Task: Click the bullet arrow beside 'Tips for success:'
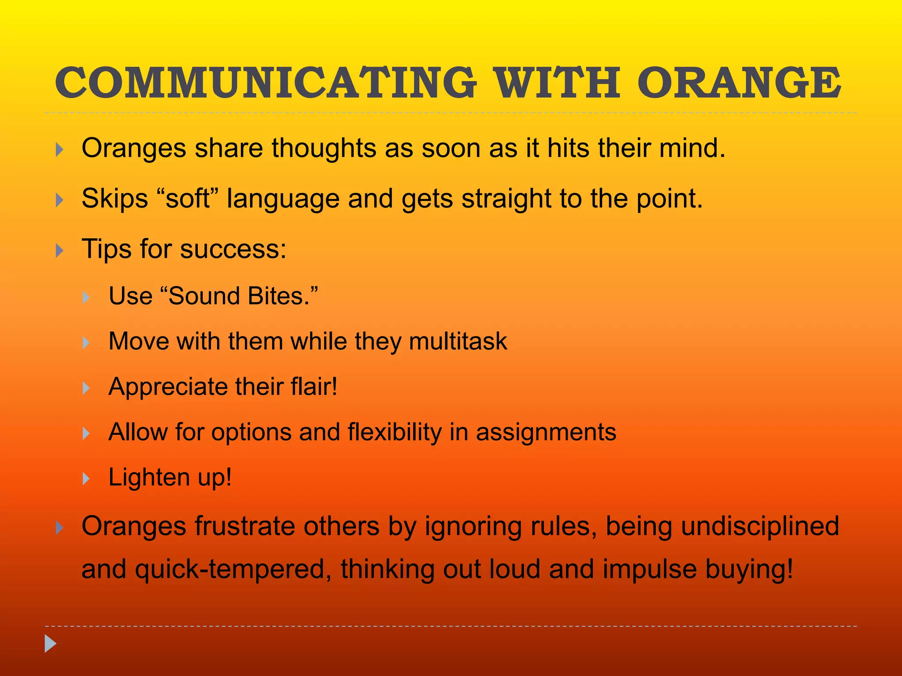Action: click(60, 251)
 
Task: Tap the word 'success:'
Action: click(233, 249)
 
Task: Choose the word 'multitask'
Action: click(458, 342)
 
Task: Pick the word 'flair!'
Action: click(314, 387)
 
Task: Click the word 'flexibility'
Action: click(395, 432)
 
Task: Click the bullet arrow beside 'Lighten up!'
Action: click(86, 479)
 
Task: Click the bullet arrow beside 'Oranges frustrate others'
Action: click(60, 528)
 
